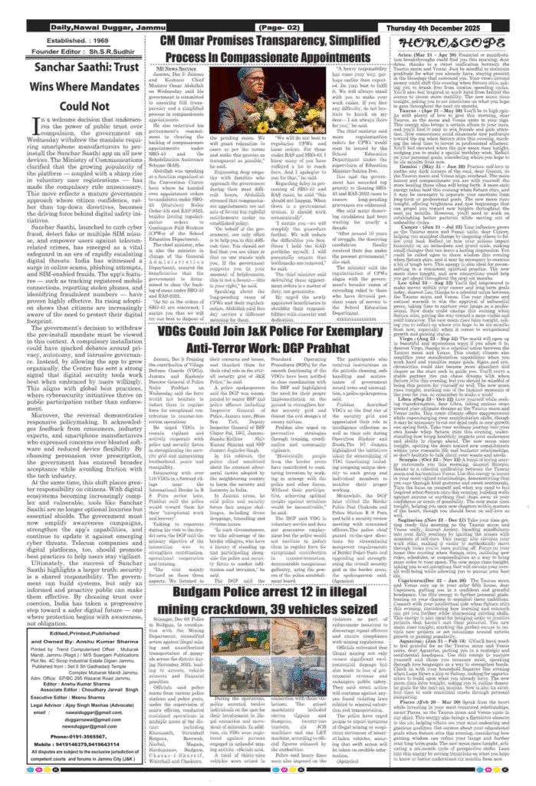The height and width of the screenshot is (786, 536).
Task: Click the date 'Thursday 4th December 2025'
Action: pyautogui.click(x=445, y=28)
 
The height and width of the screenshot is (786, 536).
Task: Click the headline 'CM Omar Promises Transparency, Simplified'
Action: pyautogui.click(x=270, y=41)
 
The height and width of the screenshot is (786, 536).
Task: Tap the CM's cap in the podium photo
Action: pyautogui.click(x=247, y=73)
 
